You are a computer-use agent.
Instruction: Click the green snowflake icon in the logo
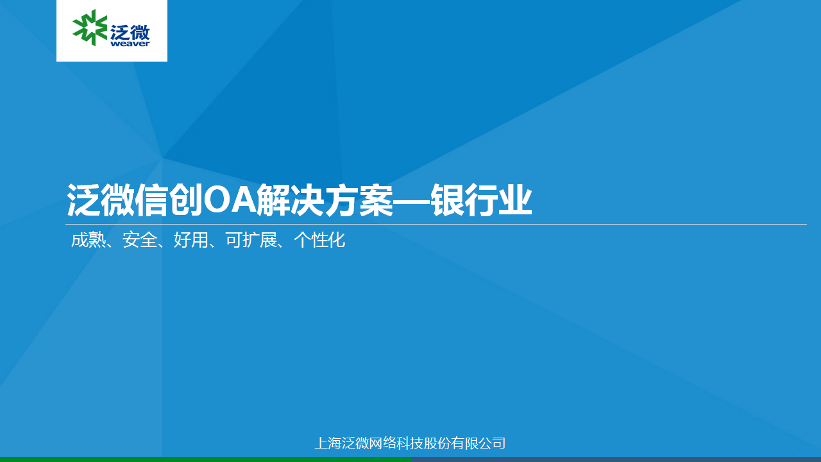(x=90, y=28)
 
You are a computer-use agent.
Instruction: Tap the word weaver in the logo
(x=130, y=44)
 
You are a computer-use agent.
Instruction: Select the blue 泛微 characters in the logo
(x=130, y=32)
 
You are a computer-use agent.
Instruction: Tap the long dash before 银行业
(x=412, y=201)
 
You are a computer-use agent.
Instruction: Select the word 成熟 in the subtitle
(x=89, y=240)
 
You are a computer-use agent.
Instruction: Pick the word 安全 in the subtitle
(x=140, y=240)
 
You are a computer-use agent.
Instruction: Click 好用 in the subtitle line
(x=191, y=240)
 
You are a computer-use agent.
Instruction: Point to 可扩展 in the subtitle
(x=251, y=240)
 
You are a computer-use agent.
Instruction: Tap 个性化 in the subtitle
(x=319, y=240)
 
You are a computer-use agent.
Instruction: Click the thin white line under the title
(x=436, y=224)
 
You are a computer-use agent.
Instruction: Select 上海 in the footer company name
(x=328, y=443)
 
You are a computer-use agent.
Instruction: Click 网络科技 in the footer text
(x=396, y=443)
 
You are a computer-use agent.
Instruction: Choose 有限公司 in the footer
(x=478, y=443)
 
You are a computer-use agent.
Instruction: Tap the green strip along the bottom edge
(x=205, y=459)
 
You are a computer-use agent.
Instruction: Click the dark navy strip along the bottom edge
(x=616, y=459)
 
